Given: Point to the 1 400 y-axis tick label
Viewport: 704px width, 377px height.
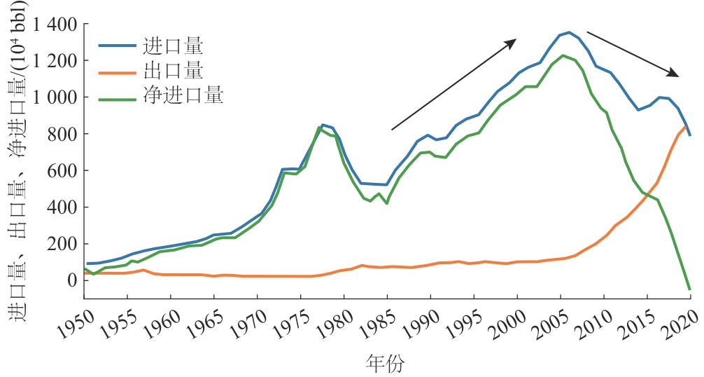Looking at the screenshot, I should coord(52,25).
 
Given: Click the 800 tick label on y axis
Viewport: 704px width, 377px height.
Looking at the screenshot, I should coord(60,134).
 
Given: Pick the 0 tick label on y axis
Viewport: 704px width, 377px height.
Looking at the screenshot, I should coord(71,280).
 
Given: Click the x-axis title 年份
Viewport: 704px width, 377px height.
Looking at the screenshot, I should coord(386,362).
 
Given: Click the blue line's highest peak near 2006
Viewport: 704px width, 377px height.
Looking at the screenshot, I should coord(569,32).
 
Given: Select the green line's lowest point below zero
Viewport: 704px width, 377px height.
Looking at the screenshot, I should coord(690,289).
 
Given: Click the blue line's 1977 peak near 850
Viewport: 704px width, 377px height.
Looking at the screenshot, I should coord(322,124).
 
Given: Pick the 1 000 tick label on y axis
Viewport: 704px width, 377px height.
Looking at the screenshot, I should coord(52,97).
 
